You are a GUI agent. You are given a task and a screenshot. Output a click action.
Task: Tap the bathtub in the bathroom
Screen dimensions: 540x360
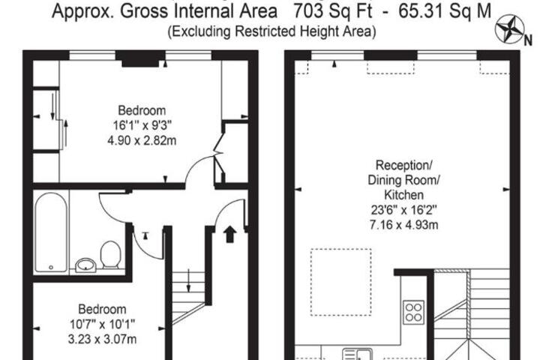pos(51,232)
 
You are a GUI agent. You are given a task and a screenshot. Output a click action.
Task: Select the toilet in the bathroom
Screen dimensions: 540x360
pos(110,254)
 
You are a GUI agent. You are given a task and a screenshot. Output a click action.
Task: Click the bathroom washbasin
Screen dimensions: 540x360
pos(85,265)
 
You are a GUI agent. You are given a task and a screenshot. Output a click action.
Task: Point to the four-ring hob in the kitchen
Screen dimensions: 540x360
pos(413,312)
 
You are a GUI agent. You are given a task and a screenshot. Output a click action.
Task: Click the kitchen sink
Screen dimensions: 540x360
pos(357,354)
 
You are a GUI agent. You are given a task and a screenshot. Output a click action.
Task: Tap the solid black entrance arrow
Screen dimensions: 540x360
pos(229,234)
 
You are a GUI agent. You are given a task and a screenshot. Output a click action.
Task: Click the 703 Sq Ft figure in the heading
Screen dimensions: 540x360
pos(332,11)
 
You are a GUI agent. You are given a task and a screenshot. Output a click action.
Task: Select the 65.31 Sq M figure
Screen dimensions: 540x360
pos(445,11)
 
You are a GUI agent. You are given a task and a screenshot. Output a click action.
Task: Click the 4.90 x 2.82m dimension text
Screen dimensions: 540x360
pos(142,140)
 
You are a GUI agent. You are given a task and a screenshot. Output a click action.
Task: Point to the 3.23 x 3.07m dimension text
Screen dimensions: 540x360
pos(102,339)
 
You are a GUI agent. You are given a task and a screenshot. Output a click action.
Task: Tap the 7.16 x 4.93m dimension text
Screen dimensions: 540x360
pos(403,225)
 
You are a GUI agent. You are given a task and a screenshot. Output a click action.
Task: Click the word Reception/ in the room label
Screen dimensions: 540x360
pos(403,165)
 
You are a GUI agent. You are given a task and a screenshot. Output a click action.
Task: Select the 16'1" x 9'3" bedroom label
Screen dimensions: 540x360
pos(142,125)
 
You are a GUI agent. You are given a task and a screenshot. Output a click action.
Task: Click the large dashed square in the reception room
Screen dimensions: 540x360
pos(341,282)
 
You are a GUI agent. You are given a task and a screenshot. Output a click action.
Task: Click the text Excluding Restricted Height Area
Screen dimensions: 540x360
pos(271,31)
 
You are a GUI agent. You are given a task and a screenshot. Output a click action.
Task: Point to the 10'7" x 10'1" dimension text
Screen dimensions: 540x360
pos(102,324)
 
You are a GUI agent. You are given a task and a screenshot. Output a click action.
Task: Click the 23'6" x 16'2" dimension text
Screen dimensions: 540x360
pos(403,210)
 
